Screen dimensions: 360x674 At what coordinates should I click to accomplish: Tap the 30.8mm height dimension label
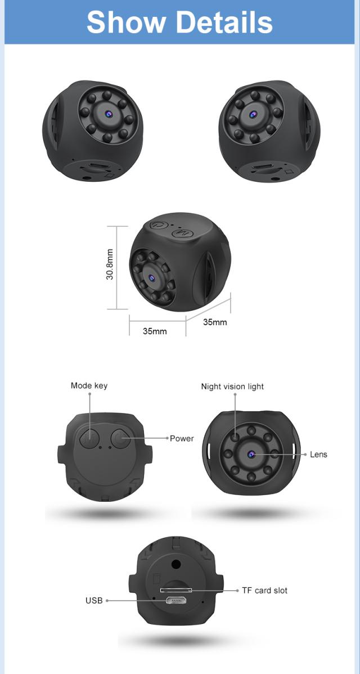click(x=110, y=264)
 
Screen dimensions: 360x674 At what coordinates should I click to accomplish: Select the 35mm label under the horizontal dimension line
click(x=155, y=331)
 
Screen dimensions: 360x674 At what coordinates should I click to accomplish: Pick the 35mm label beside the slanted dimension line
click(x=215, y=322)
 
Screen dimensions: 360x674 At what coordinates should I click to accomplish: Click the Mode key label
click(x=89, y=385)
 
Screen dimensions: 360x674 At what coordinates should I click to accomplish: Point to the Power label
click(x=182, y=438)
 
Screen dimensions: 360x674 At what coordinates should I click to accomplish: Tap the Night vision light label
click(x=232, y=387)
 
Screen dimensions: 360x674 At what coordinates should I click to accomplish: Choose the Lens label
click(x=318, y=455)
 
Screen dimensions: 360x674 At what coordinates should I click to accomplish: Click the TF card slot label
click(x=264, y=591)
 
